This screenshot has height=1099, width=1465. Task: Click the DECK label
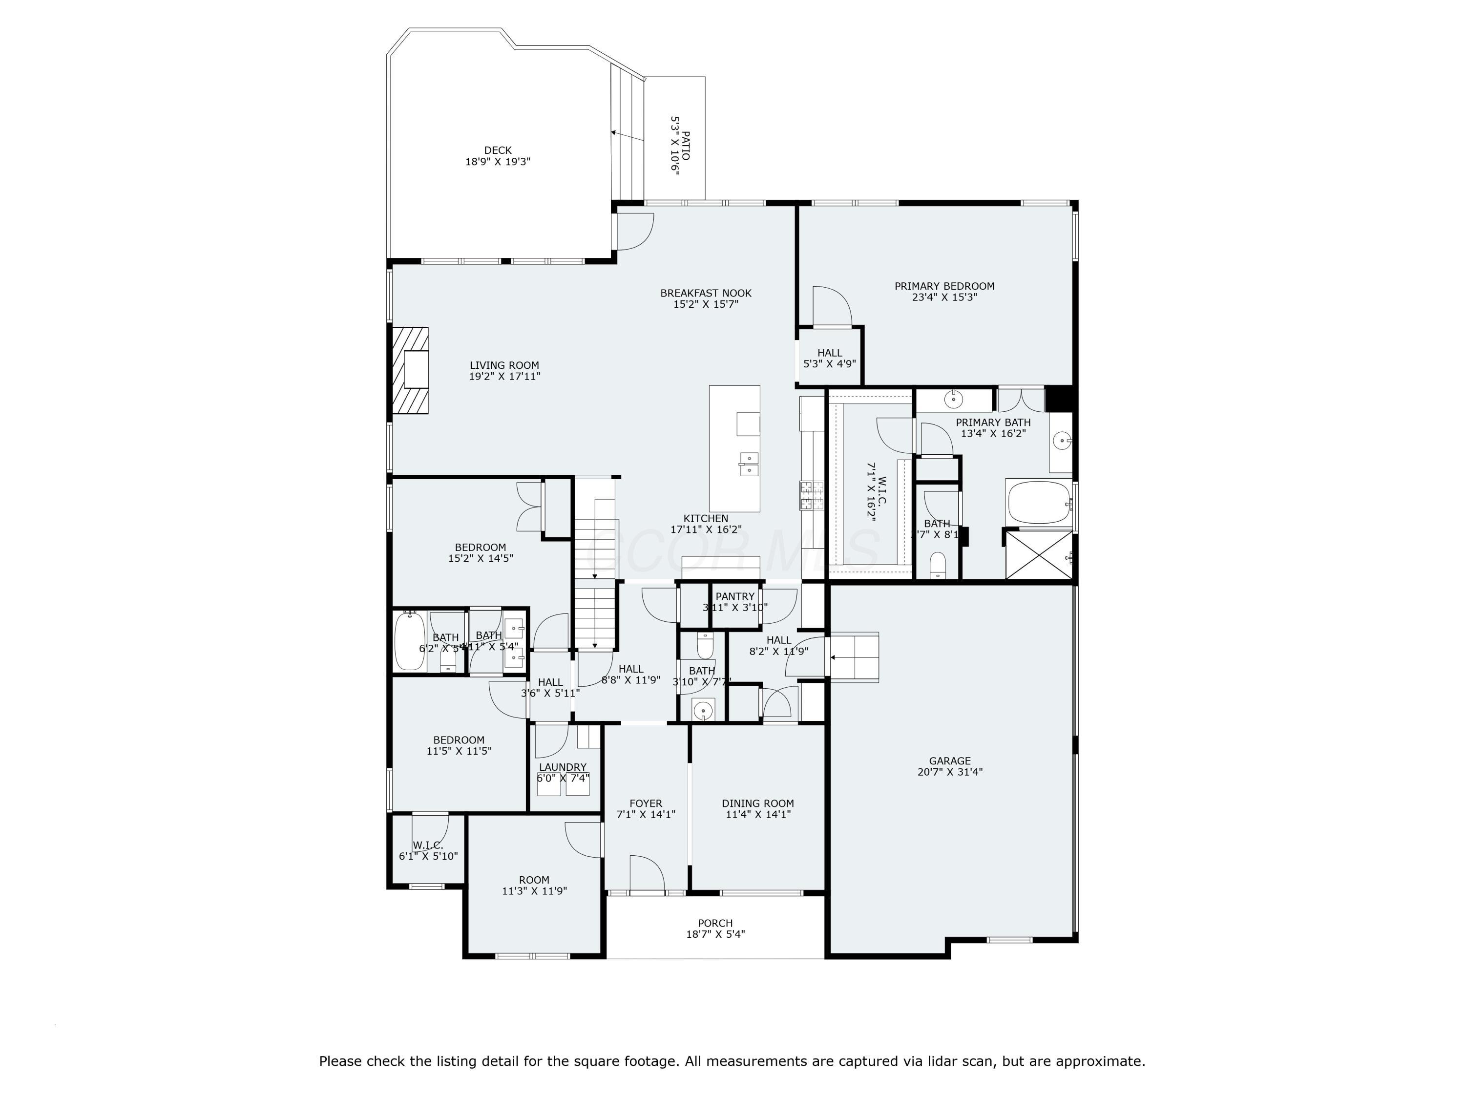click(498, 150)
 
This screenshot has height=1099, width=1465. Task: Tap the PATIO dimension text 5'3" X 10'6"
click(675, 145)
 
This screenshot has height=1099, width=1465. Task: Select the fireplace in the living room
click(409, 370)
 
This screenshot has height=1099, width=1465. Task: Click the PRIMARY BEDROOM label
click(944, 286)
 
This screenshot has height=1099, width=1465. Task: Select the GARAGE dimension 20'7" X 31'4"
click(950, 772)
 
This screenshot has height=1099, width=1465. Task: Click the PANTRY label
click(734, 596)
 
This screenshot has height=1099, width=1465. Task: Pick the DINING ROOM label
click(758, 803)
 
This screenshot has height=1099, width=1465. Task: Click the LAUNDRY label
click(562, 767)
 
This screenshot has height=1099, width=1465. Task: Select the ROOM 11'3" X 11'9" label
click(534, 886)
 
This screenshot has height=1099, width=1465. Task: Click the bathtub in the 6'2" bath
click(409, 641)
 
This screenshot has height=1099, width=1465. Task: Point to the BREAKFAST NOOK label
click(705, 293)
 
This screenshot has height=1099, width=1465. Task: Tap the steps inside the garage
click(855, 656)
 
